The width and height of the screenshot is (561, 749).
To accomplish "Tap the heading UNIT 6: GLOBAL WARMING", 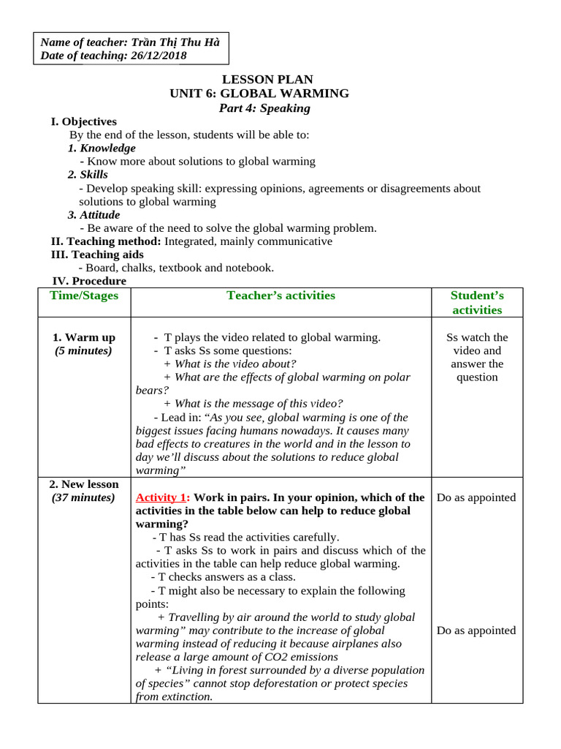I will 259,94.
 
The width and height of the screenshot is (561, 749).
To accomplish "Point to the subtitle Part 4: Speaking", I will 264,108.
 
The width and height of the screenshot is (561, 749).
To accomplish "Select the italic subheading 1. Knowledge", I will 102,148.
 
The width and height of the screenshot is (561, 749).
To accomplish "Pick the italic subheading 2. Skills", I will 88,175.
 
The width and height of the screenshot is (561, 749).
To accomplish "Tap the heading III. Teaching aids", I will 97,255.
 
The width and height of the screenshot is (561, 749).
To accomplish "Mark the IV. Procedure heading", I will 89,281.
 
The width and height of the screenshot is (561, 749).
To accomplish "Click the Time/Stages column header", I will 84,296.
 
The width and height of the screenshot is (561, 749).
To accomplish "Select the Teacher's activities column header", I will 281,296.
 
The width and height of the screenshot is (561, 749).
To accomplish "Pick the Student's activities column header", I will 477,302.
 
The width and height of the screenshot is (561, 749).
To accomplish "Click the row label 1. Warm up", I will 84,337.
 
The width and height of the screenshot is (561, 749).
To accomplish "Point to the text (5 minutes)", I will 84,350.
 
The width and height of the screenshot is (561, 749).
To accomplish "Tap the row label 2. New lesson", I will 84,484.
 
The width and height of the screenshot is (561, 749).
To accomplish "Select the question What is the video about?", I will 230,364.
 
